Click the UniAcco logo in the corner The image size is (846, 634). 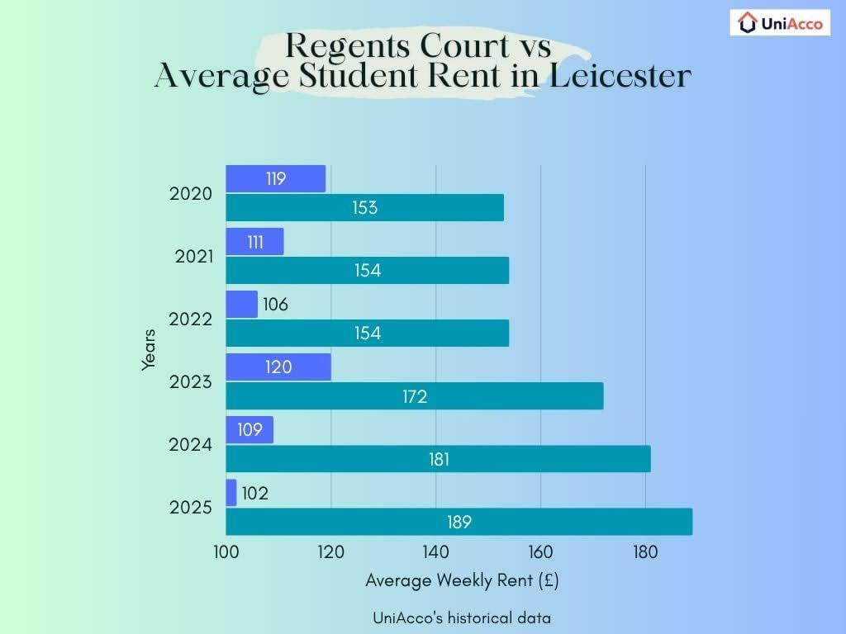(779, 23)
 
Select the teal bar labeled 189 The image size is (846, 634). (459, 522)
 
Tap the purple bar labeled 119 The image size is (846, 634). (275, 178)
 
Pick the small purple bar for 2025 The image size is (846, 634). (231, 493)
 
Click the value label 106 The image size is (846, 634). (275, 305)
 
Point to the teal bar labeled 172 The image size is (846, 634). (414, 396)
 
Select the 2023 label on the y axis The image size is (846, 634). (190, 382)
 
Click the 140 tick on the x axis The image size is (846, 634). (435, 552)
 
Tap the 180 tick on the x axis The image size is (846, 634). (645, 552)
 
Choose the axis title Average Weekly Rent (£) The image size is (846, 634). (462, 580)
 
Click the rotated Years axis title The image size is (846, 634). (149, 349)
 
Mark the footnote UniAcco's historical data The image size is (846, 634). (461, 617)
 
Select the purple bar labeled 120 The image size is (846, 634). (278, 367)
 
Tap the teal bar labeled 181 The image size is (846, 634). (438, 459)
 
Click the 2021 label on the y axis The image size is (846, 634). (194, 257)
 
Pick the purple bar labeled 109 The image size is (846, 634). (250, 430)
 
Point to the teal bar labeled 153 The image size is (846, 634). (364, 207)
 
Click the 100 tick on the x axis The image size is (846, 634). (226, 552)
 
